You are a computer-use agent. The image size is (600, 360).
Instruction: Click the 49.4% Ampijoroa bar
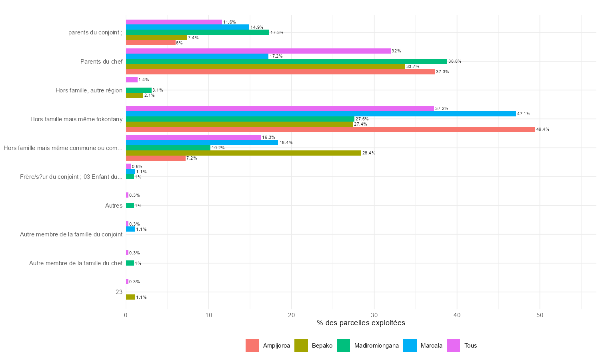point(330,130)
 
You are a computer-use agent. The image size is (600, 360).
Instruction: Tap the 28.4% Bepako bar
point(243,153)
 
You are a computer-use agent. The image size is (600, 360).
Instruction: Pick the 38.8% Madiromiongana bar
point(286,62)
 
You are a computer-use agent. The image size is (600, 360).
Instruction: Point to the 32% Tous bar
point(258,51)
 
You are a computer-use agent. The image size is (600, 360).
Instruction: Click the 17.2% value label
point(276,56)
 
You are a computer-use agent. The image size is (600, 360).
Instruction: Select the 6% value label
point(179,43)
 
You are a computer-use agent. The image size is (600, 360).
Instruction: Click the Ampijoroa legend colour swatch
point(252,346)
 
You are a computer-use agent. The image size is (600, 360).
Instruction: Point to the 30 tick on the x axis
point(374,315)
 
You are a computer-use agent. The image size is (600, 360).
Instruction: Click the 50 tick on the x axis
point(540,315)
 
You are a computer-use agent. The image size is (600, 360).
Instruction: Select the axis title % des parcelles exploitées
point(361,323)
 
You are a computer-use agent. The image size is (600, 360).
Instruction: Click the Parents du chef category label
point(101,62)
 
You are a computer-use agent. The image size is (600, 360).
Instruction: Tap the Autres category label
point(114,206)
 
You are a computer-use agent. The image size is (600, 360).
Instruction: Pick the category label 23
point(119,292)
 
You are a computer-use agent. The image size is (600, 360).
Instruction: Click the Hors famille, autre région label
point(89,90)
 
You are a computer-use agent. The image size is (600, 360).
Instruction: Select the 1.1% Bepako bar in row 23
point(130,297)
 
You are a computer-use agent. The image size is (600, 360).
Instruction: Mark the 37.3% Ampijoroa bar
point(280,72)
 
